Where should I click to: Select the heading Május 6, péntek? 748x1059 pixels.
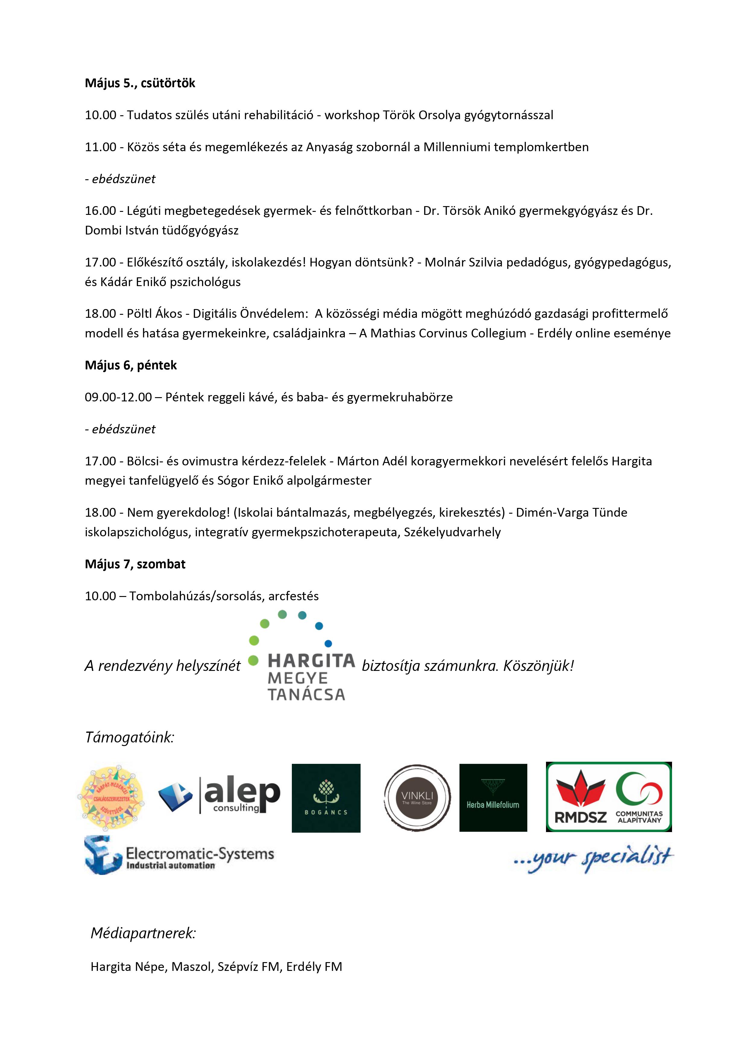[x=131, y=365]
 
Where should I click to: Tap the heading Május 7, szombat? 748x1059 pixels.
[x=135, y=564]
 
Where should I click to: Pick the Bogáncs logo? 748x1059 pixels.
[x=326, y=798]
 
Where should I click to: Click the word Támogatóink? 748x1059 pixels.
[x=130, y=737]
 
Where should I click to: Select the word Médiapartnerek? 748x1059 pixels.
[x=143, y=933]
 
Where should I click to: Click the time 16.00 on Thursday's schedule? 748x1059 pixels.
[x=100, y=211]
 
